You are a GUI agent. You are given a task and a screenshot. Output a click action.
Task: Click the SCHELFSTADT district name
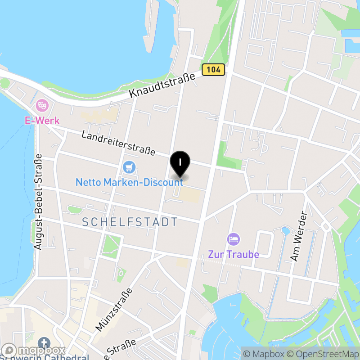(x=130, y=222)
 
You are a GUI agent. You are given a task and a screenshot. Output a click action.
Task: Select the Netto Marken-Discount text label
(x=129, y=182)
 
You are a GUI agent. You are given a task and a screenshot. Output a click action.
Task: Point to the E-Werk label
(x=42, y=121)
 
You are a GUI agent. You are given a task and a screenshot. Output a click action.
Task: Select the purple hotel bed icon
(x=233, y=238)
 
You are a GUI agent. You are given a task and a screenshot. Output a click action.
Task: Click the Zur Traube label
(x=234, y=254)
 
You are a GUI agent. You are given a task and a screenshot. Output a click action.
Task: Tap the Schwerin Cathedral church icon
(x=45, y=343)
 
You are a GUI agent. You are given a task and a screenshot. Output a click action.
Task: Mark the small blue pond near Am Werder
(x=285, y=231)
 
